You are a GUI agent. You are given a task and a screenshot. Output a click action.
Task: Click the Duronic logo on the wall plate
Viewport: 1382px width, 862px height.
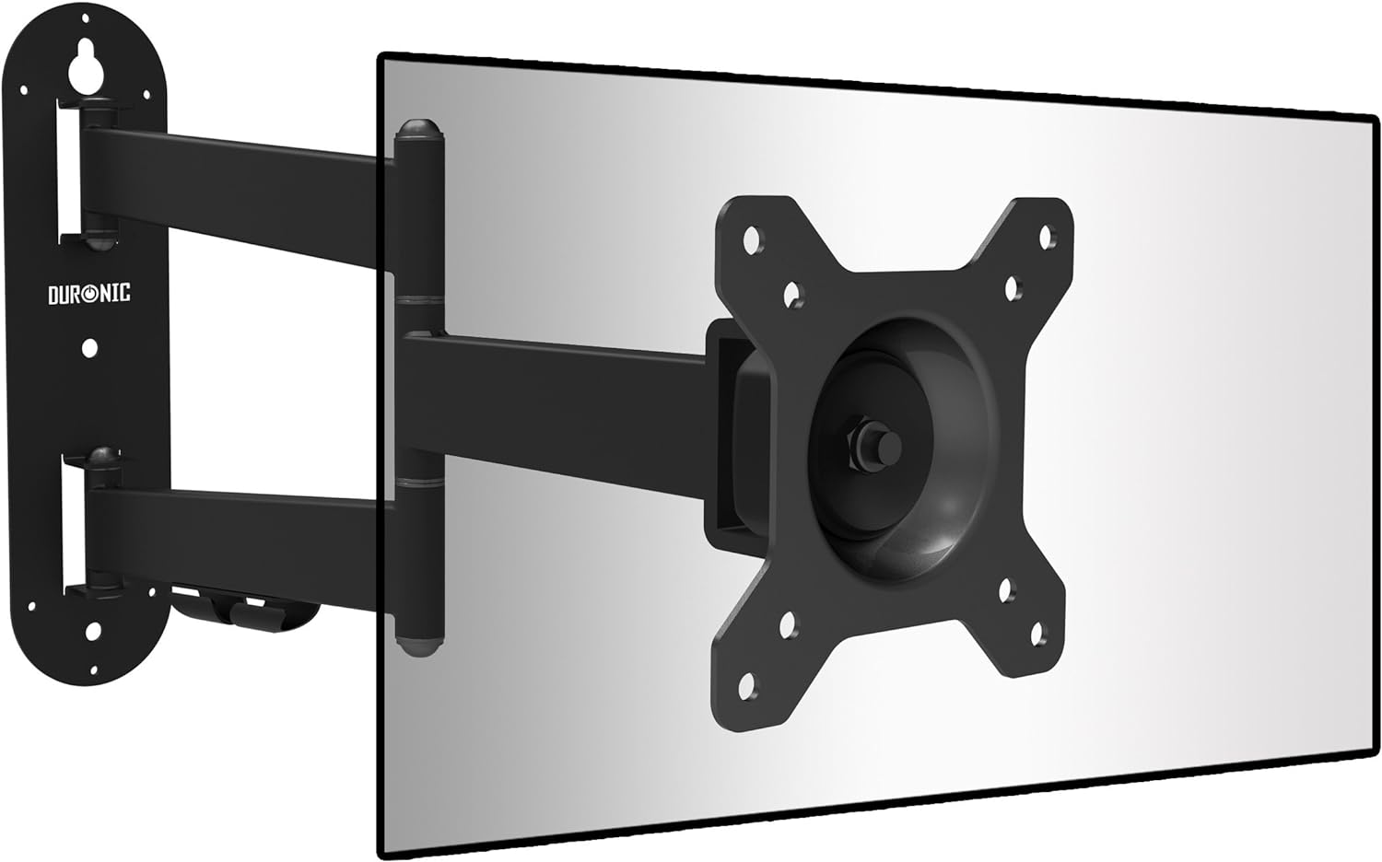(x=89, y=294)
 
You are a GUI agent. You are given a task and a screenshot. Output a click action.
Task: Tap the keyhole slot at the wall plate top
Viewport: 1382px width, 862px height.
(x=86, y=68)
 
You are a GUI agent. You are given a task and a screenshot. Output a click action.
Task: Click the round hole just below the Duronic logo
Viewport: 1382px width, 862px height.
(x=89, y=348)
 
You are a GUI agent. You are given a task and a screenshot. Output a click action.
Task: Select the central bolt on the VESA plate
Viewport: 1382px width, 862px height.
(x=876, y=444)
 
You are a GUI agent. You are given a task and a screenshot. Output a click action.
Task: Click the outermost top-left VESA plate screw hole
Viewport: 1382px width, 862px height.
(x=753, y=240)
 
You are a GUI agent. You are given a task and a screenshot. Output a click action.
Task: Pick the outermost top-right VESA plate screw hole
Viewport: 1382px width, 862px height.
(x=1047, y=237)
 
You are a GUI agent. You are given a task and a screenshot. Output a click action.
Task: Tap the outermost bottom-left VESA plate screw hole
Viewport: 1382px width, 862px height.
(x=747, y=686)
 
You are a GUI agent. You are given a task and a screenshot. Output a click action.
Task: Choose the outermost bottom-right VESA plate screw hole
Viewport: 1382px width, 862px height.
(x=1037, y=634)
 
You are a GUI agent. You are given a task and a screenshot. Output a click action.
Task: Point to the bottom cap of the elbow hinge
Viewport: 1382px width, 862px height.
(x=419, y=645)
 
